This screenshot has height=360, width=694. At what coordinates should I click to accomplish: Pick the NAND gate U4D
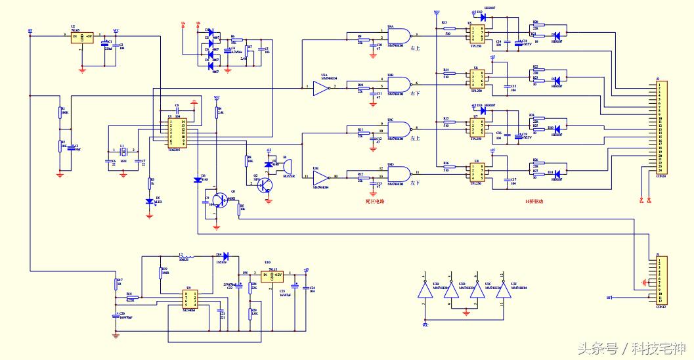(398, 173)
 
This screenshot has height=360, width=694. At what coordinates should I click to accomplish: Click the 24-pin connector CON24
(661, 127)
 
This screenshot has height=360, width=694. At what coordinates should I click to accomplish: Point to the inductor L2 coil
(186, 256)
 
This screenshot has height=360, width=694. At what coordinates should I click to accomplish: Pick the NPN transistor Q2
(265, 185)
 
